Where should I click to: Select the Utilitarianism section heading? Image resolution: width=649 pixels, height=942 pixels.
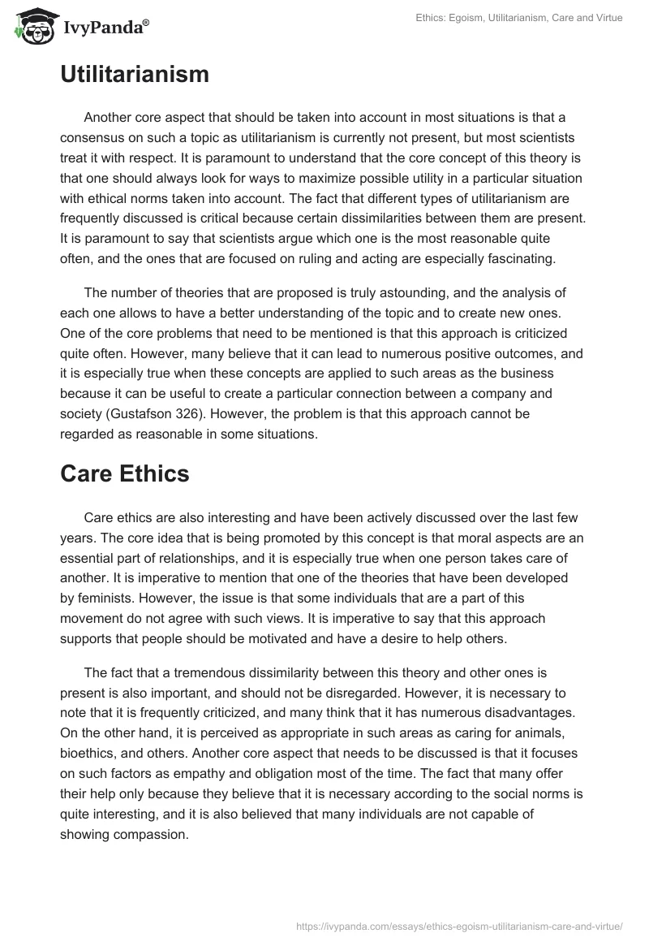(x=135, y=75)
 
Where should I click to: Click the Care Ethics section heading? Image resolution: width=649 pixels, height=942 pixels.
(x=124, y=473)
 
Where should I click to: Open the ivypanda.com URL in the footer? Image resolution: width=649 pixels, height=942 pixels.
(x=459, y=925)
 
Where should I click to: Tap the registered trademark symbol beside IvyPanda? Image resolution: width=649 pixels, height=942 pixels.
(x=145, y=24)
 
